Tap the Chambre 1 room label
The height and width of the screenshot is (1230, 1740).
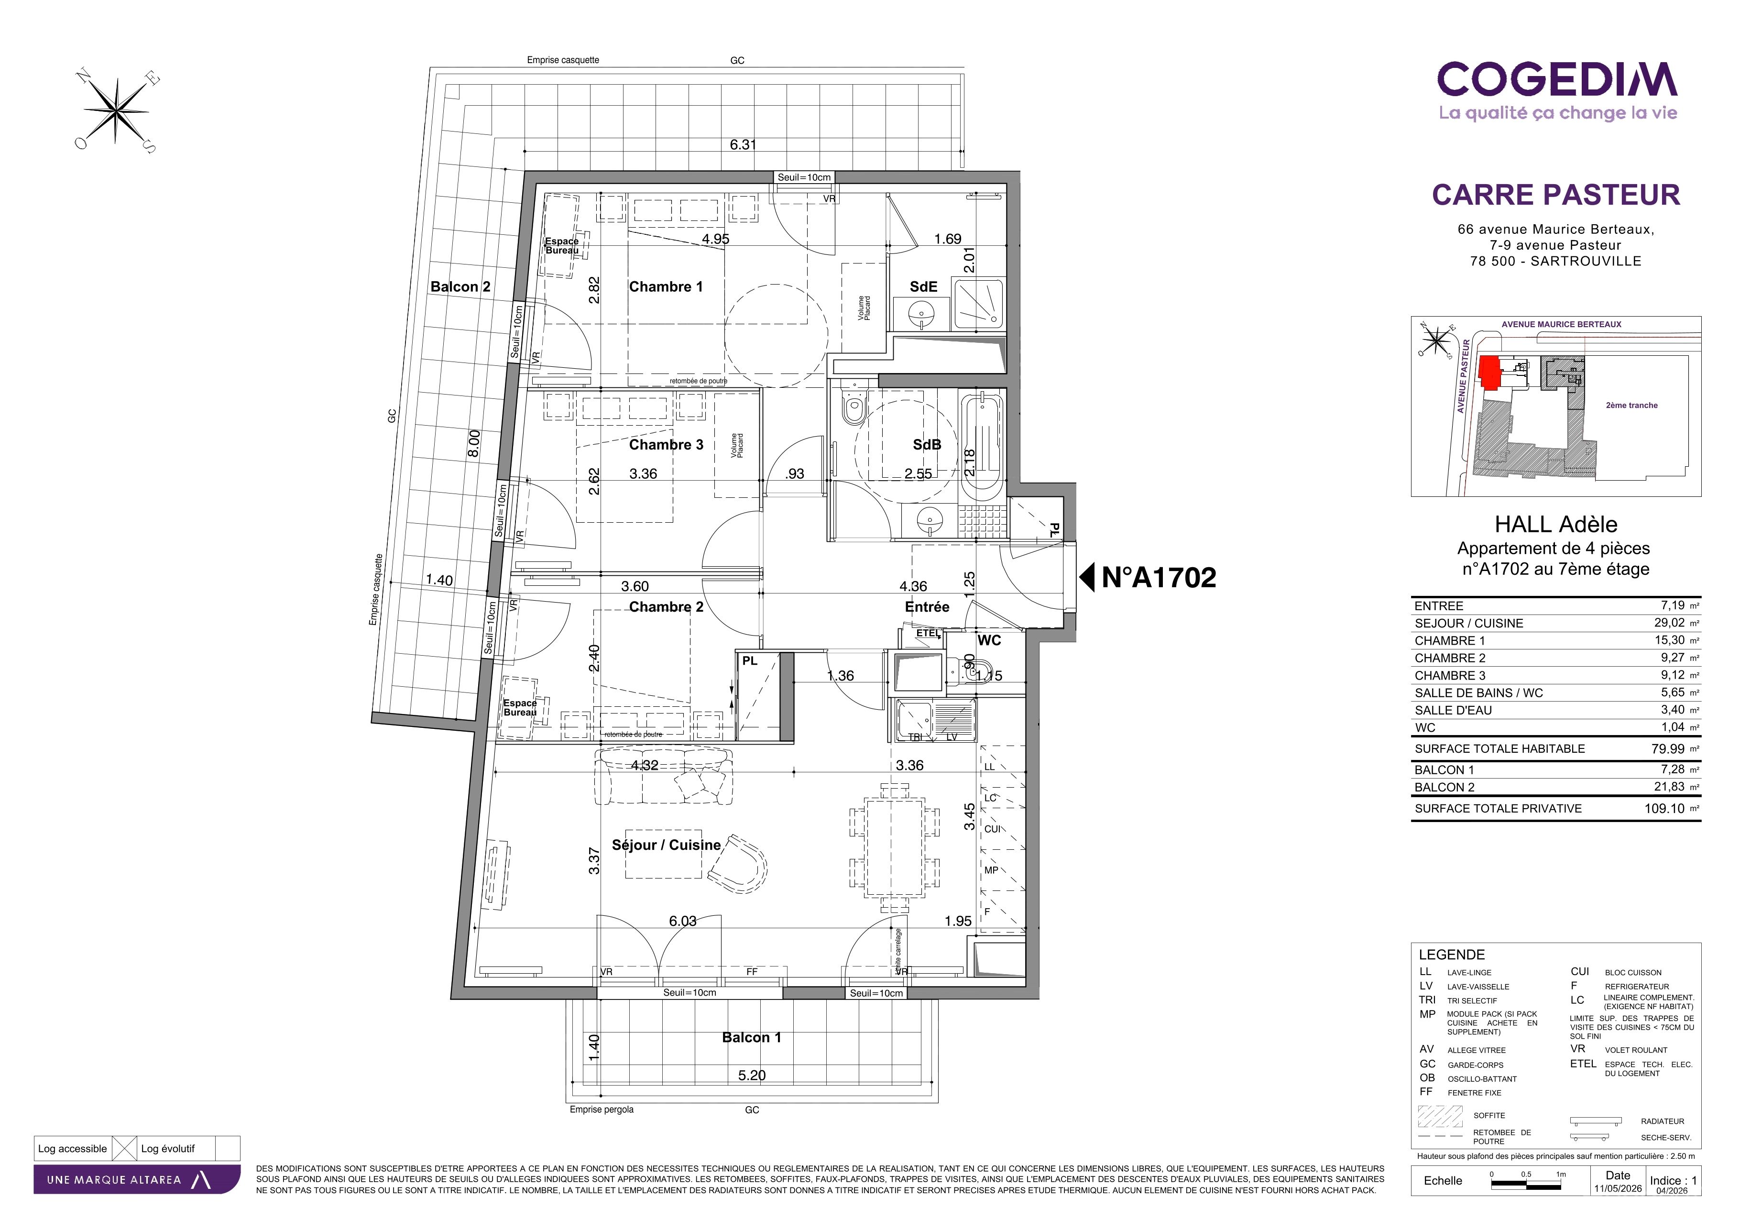point(666,286)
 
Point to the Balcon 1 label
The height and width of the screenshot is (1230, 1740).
point(751,1037)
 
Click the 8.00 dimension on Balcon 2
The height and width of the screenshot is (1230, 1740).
point(474,443)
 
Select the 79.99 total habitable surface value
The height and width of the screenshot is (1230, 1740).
point(1668,749)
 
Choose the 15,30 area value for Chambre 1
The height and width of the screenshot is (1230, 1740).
point(1670,640)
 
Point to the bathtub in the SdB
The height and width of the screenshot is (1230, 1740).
point(981,447)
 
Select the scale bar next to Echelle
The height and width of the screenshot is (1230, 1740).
point(1525,1182)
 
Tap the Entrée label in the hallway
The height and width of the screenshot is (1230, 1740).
point(927,606)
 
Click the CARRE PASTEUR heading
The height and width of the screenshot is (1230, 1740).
point(1556,195)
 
